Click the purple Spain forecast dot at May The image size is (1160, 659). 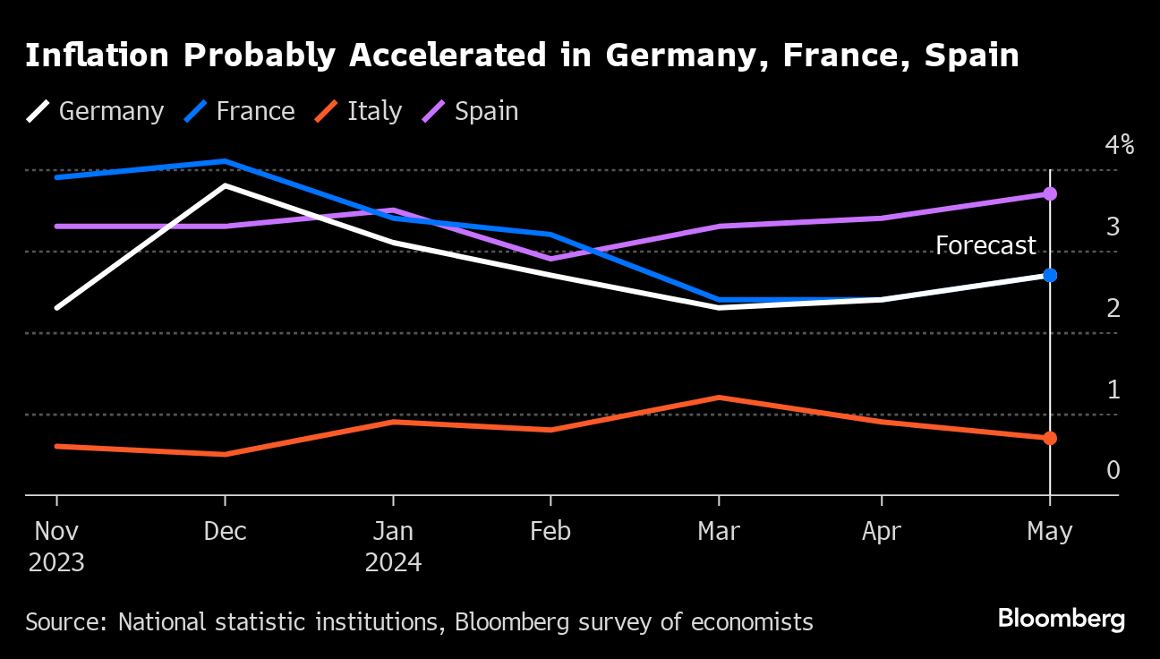[1050, 194]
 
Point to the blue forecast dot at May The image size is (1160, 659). [1050, 275]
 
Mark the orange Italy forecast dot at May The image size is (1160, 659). [1050, 438]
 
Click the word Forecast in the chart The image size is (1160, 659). [985, 245]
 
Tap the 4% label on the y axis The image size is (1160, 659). [1119, 145]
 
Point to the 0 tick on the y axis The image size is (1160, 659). [1113, 470]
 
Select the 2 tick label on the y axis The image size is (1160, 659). [1113, 308]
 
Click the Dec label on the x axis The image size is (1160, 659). [225, 531]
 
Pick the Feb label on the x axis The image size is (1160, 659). [550, 531]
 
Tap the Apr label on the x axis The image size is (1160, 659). [882, 531]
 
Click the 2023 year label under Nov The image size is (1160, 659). [56, 563]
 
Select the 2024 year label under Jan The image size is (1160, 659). [393, 563]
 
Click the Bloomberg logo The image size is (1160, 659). [1061, 619]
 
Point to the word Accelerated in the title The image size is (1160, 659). [443, 56]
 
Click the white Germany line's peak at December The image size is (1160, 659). [225, 185]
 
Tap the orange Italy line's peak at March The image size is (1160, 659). [719, 397]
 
